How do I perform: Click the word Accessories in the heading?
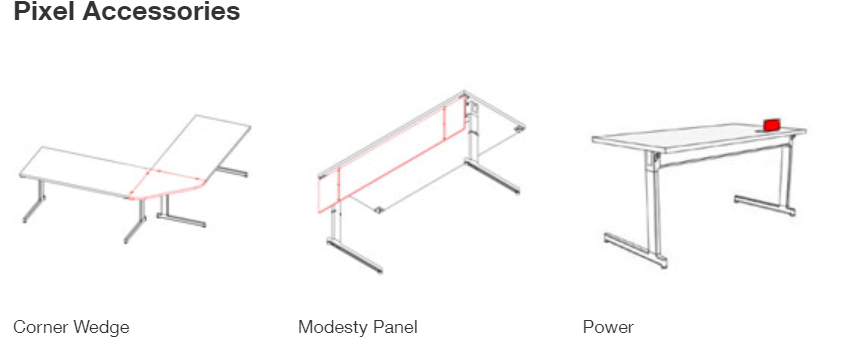(x=161, y=11)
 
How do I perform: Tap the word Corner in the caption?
(x=40, y=327)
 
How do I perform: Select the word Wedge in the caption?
(x=101, y=327)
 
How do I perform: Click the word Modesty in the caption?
(x=333, y=327)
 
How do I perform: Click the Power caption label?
(x=608, y=327)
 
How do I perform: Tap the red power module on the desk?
(x=772, y=125)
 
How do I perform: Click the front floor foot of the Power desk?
(x=635, y=250)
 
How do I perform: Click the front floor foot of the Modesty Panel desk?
(x=355, y=255)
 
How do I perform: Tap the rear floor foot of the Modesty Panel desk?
(x=492, y=176)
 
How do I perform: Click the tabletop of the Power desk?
(x=699, y=136)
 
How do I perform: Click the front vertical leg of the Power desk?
(x=654, y=206)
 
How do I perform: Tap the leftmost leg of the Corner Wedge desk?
(x=34, y=201)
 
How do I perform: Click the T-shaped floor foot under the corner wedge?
(x=180, y=214)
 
